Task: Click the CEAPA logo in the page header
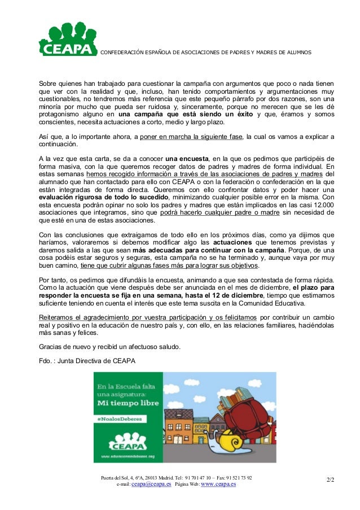tap(66, 40)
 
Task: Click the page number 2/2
tap(330, 480)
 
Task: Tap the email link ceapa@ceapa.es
tap(151, 484)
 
